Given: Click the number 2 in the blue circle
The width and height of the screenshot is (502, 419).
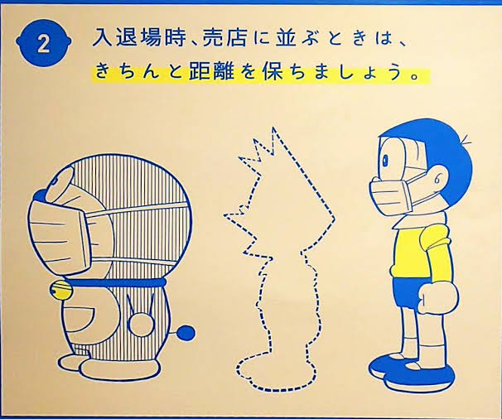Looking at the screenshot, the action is (x=44, y=45).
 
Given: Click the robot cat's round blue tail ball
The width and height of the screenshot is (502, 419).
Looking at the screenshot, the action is (x=186, y=333).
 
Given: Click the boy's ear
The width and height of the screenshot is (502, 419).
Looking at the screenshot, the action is (x=438, y=178).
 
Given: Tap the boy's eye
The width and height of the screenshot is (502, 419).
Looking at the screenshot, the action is (x=385, y=158).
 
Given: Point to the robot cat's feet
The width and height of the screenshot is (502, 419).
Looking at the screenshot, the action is (x=107, y=366).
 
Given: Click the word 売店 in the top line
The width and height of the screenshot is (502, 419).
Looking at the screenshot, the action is (x=224, y=38).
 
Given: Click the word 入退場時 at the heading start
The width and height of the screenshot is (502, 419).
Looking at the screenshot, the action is (x=138, y=38).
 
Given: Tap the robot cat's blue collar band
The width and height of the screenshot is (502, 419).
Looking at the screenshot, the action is (x=115, y=282).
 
